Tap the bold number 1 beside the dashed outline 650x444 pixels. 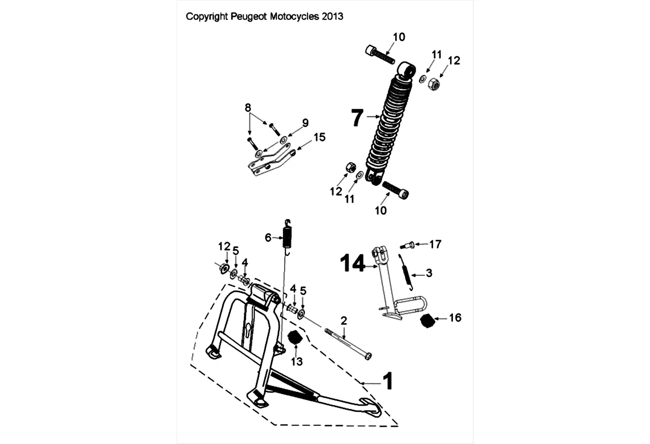tap(387, 381)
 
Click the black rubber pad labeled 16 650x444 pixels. tap(427, 320)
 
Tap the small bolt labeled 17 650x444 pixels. tap(406, 244)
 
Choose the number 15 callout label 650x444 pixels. tap(319, 137)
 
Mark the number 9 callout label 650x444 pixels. tap(305, 122)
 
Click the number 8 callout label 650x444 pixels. tap(248, 107)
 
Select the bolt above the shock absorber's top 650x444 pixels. tap(380, 55)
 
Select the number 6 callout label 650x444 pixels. tap(268, 238)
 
